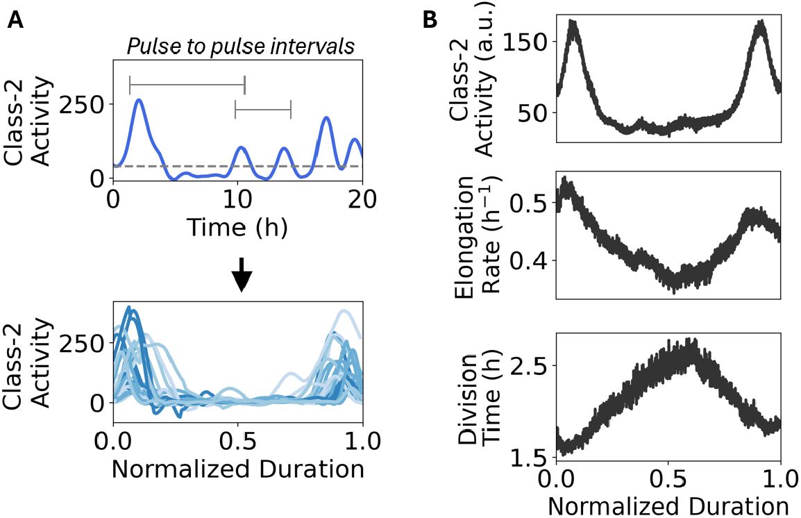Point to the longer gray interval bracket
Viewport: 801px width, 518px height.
(187, 85)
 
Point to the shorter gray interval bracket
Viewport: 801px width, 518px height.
(263, 110)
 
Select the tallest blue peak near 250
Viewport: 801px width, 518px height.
(139, 101)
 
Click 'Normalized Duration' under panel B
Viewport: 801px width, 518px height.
(668, 506)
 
